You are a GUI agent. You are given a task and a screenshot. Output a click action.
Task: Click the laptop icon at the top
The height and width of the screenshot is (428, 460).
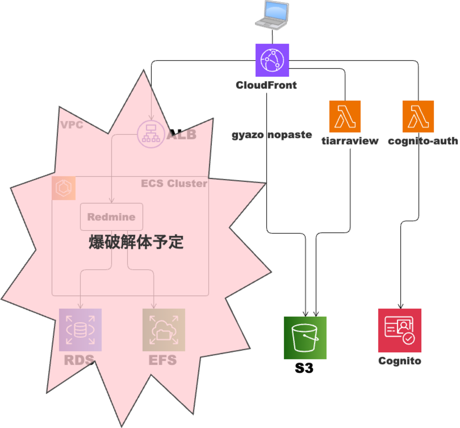[272, 15]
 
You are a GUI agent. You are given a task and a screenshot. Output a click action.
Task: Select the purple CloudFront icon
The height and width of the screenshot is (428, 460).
[272, 60]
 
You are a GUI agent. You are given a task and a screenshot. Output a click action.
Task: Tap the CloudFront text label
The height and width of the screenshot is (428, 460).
[266, 85]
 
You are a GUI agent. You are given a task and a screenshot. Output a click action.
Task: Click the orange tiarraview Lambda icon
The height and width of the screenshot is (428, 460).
[345, 116]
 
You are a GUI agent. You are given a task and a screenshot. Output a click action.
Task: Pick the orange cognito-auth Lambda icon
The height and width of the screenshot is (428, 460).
[418, 116]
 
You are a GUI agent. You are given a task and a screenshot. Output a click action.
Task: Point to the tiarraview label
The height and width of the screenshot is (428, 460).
[350, 141]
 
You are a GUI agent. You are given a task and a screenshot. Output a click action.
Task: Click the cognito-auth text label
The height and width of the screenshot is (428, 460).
[423, 141]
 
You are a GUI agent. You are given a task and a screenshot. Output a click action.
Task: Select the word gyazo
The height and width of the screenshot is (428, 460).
[248, 135]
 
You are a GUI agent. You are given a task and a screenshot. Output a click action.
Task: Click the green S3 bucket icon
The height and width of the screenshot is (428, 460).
[305, 338]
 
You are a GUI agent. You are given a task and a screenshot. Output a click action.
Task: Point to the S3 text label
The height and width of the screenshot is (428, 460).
[304, 368]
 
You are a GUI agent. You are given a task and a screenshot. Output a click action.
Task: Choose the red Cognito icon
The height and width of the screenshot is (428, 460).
[399, 330]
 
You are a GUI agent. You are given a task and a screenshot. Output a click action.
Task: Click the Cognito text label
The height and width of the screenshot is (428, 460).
[399, 361]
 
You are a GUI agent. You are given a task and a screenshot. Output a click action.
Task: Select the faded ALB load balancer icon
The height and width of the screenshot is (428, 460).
[151, 134]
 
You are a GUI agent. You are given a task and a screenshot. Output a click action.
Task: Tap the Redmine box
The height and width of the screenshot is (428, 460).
[111, 217]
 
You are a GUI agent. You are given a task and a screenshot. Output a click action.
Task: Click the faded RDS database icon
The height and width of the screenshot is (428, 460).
[80, 330]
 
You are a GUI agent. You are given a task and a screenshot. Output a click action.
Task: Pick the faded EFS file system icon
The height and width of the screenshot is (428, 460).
[163, 330]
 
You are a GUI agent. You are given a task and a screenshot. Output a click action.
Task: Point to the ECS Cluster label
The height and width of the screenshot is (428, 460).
[174, 183]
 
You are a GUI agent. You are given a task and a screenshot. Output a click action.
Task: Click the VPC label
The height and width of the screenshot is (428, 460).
[72, 125]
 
